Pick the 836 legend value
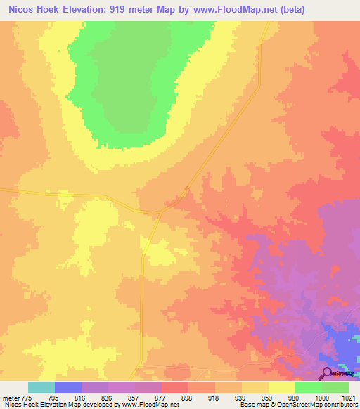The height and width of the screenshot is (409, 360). point(108,397)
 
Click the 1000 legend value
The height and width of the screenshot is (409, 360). point(321,397)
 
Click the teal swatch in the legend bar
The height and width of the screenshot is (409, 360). point(41,387)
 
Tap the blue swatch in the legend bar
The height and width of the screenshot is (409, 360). point(68,387)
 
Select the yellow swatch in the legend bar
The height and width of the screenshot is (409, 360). point(281,387)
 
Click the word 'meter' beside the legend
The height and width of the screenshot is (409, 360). point(10,397)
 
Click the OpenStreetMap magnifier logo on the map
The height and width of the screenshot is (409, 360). point(328,373)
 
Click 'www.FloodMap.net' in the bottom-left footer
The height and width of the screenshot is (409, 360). point(150,405)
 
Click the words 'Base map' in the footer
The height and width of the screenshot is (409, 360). point(248,405)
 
